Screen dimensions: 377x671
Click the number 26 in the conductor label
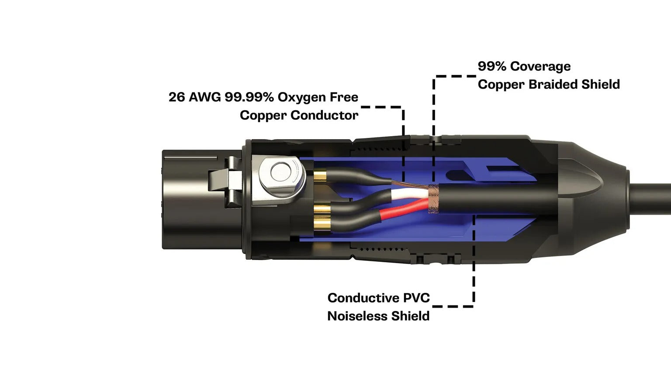(x=176, y=97)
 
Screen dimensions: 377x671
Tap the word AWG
(x=205, y=97)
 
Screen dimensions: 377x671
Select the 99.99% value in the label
(x=249, y=97)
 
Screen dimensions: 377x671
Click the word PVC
(x=416, y=298)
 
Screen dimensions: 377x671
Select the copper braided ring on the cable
(x=433, y=199)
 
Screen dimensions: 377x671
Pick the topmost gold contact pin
(x=320, y=176)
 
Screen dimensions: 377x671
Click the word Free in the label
(x=344, y=97)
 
